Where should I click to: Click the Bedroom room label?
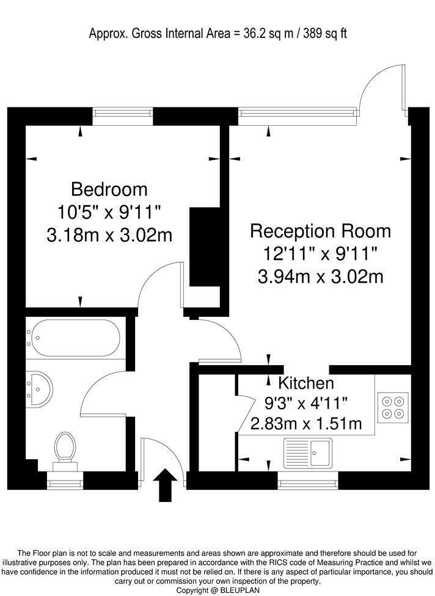(109, 189)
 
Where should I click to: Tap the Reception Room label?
(321, 231)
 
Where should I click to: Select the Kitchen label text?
(306, 383)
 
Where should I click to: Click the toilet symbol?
(64, 449)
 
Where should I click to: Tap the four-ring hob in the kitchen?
(392, 408)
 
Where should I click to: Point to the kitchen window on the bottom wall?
(307, 481)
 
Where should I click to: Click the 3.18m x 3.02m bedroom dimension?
(109, 234)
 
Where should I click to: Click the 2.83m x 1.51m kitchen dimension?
(306, 423)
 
